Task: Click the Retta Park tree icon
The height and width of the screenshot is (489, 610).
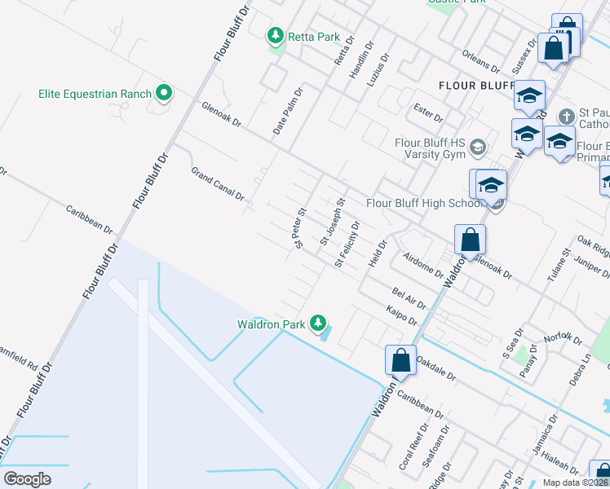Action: (276, 36)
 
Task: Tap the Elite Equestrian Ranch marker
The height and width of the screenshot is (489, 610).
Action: (164, 94)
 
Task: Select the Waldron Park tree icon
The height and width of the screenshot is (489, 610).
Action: (317, 324)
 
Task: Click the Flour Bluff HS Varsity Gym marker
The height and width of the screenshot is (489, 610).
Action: (478, 148)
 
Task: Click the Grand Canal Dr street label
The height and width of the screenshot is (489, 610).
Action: (218, 183)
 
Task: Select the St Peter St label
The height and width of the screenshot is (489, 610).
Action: (299, 227)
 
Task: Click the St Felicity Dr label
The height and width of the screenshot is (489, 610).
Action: (347, 244)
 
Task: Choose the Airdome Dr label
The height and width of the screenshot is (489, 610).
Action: (422, 264)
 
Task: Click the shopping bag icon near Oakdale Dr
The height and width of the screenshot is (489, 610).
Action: (400, 360)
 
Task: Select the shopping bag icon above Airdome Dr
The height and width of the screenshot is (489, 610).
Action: (471, 240)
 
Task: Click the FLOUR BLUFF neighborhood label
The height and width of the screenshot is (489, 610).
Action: (474, 85)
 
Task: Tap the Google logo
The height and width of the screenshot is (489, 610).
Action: (28, 478)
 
